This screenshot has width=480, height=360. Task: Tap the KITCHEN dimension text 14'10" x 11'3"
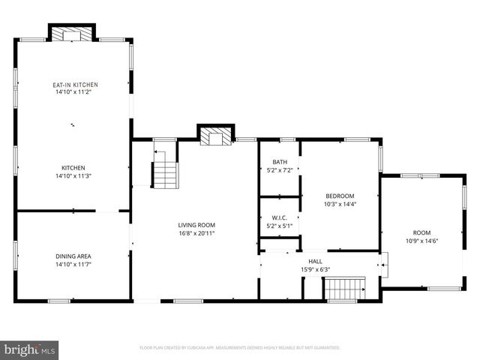(x=73, y=175)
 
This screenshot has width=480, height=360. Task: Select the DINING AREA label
(x=73, y=256)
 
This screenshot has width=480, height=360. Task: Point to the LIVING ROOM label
(x=196, y=225)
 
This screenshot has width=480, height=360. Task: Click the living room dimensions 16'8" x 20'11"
(x=196, y=232)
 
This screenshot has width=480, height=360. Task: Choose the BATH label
(x=280, y=162)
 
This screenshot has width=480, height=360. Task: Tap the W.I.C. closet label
(x=280, y=217)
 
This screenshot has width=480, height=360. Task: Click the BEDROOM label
(x=339, y=196)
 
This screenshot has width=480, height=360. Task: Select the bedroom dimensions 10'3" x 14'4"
(x=339, y=203)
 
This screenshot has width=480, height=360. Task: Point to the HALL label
(x=315, y=262)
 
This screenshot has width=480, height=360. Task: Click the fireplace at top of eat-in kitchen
(x=72, y=34)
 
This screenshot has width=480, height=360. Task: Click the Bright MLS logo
(x=30, y=349)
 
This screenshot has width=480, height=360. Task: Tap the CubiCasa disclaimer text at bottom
(x=240, y=348)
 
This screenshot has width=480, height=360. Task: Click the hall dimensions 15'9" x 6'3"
(x=315, y=269)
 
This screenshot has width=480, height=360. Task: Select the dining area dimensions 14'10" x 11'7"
(x=73, y=264)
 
